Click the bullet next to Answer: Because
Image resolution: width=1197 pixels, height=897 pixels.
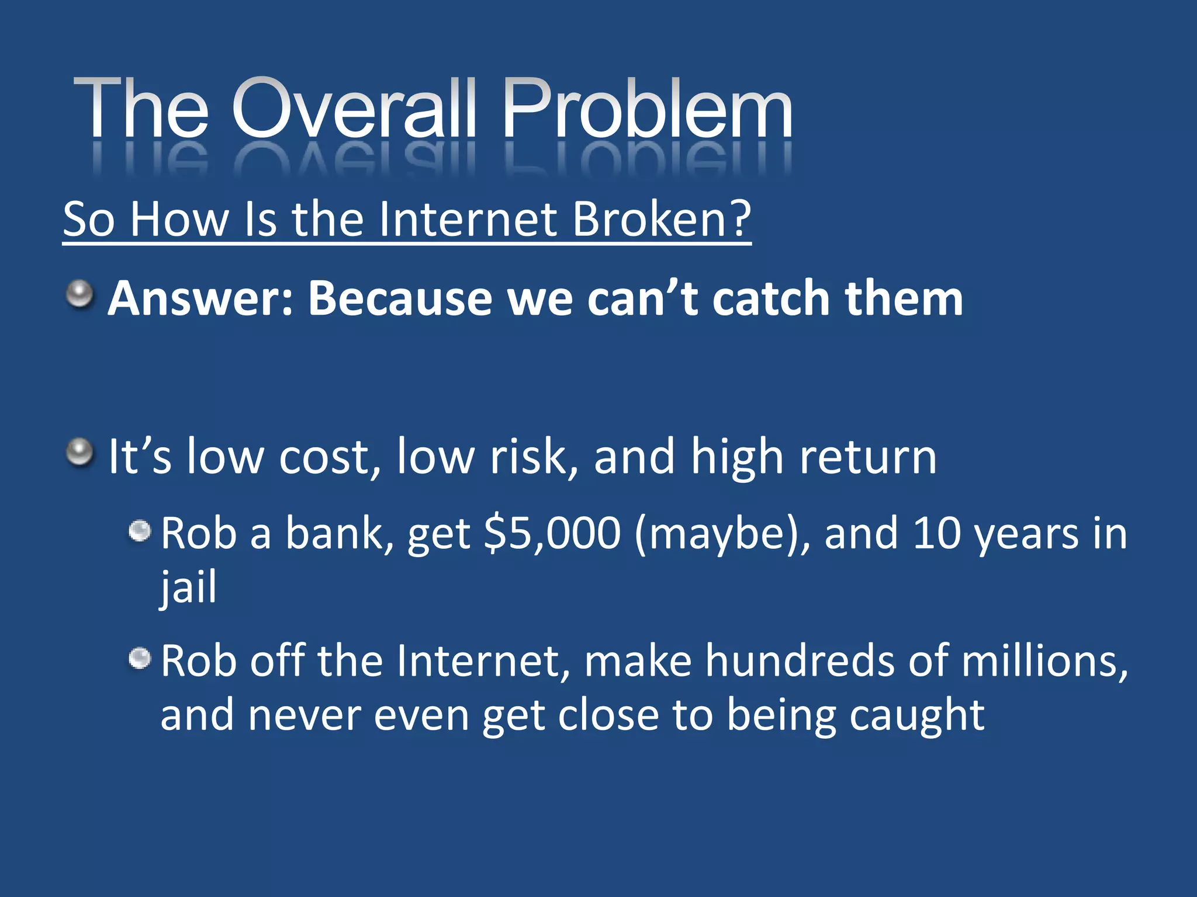(x=79, y=294)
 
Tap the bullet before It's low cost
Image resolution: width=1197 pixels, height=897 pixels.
(x=79, y=453)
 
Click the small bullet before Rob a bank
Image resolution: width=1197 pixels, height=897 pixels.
(x=140, y=531)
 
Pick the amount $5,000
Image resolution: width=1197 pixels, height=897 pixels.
(x=552, y=533)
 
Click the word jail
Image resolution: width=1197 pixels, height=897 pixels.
(x=188, y=587)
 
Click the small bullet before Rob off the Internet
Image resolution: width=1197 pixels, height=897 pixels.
(x=140, y=659)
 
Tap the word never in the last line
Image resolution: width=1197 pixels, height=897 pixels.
(x=303, y=715)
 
